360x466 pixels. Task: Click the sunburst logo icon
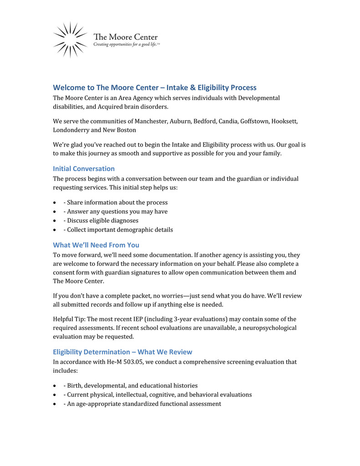click(x=70, y=40)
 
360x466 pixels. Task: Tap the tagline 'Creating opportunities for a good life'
click(x=126, y=45)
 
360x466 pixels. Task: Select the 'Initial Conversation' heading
click(x=84, y=168)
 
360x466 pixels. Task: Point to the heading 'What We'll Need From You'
click(x=96, y=245)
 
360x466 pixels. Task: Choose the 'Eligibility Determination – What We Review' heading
click(x=122, y=352)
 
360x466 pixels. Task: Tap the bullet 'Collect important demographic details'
click(x=120, y=230)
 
